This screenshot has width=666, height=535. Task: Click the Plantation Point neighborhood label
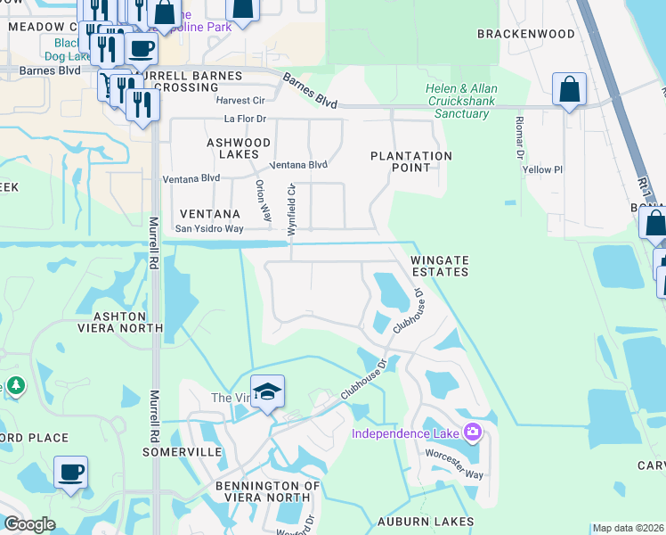point(411,161)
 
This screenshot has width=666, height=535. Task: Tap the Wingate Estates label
point(439,265)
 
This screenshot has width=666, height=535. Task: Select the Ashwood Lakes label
point(239,148)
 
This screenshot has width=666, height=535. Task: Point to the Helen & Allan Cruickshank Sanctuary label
point(462,102)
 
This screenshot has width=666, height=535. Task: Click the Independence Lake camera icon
point(472,433)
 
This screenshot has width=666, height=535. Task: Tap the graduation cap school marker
point(267,393)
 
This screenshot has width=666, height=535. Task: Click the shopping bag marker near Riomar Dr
point(569,90)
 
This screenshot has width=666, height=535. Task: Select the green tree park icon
point(15,386)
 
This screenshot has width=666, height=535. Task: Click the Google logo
point(30,524)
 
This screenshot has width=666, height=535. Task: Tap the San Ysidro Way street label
point(208,229)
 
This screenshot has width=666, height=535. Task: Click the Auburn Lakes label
point(425,521)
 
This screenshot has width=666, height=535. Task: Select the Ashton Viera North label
point(129,322)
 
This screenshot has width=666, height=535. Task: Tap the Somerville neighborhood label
point(182,452)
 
